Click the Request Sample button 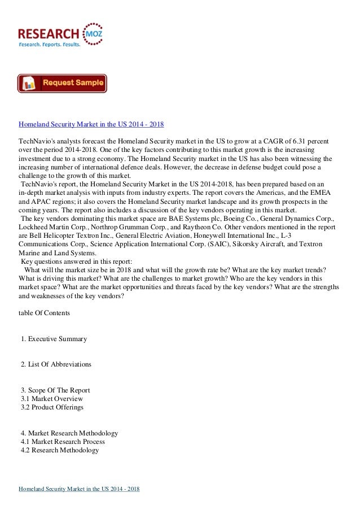tap(62, 84)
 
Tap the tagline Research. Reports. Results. tap(50, 44)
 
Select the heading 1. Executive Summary tap(54, 339)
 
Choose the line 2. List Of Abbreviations tap(56, 364)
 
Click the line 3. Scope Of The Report tap(55, 390)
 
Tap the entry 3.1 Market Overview tap(51, 399)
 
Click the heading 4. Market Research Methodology tap(69, 433)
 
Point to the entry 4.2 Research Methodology tap(60, 450)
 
